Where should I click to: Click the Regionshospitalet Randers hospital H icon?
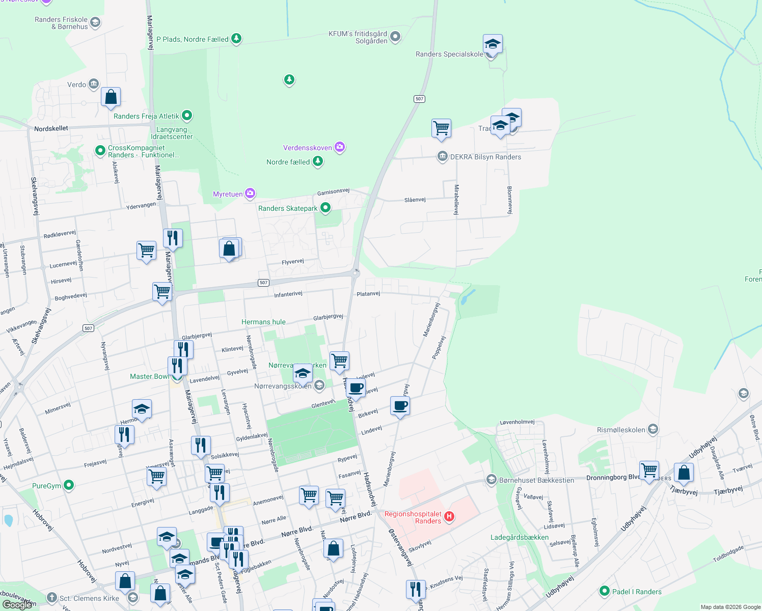point(449,517)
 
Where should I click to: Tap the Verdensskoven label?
point(308,148)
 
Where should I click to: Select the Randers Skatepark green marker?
point(325,208)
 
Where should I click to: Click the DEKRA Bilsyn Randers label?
point(485,157)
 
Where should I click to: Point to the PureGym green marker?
point(69,485)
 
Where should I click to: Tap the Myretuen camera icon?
point(250,193)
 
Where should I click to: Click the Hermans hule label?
point(263,322)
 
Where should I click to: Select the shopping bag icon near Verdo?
point(111,97)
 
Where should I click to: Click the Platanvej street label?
point(368,294)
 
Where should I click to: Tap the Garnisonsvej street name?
point(333,191)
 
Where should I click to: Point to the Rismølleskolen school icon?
point(653,429)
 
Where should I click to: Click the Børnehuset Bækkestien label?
point(536,480)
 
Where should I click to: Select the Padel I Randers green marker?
point(605,591)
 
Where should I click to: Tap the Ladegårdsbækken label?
point(520,537)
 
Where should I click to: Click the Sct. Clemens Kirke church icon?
point(51,598)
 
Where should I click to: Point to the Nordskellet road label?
point(51,128)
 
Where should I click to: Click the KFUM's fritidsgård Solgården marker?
point(395,37)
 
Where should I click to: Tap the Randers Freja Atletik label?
point(147,116)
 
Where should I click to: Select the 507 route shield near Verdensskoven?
point(419,99)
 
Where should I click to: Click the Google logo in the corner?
point(17,604)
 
